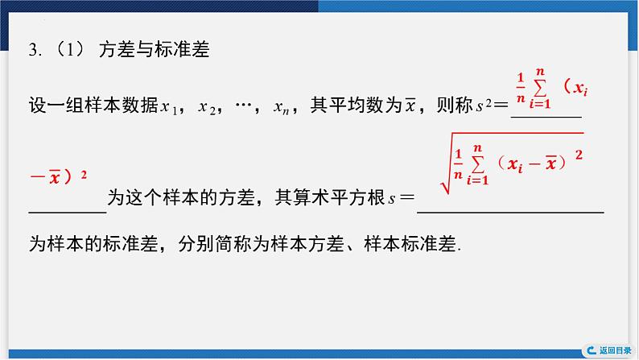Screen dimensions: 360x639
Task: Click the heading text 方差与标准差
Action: coord(153,50)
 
